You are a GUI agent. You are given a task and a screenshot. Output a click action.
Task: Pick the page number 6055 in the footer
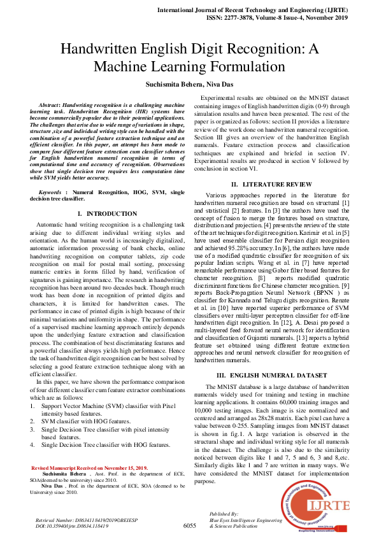[x=189, y=526]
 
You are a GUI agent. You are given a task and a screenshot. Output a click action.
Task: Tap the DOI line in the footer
[x=72, y=526]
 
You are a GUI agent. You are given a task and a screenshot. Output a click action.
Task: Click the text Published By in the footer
[x=224, y=513]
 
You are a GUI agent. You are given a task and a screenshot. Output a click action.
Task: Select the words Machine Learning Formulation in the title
[x=189, y=66]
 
